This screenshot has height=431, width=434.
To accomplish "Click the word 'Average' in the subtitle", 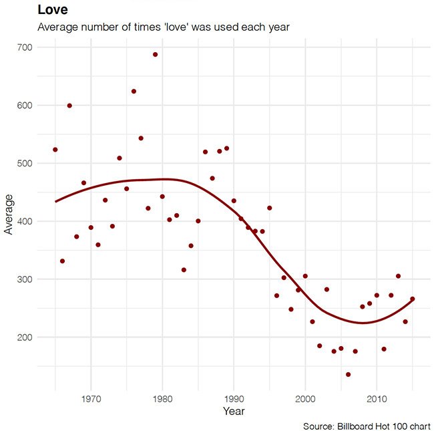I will point(60,27).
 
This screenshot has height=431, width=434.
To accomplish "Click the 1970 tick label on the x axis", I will point(91,400).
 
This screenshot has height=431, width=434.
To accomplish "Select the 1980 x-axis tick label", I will point(162,400).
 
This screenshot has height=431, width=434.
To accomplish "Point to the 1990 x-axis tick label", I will point(234,400).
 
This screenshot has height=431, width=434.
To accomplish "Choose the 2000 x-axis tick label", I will point(305,400).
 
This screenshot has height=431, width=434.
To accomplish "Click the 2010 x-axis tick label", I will point(377,400).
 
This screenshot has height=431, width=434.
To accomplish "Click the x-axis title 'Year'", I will point(234,411).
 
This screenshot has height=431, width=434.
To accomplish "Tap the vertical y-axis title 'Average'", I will point(9,214).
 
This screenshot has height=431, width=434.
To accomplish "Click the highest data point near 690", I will point(155,54).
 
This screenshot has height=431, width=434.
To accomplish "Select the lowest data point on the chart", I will point(348,374).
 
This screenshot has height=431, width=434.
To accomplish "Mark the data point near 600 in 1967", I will point(69,106).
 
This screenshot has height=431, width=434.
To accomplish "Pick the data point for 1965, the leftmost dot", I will point(55,150).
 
